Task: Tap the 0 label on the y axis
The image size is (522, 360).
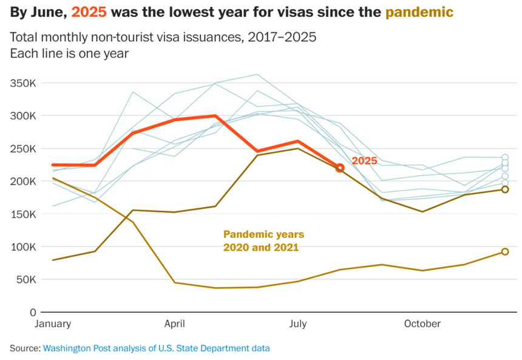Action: [33, 313]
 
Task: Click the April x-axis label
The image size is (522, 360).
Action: [174, 324]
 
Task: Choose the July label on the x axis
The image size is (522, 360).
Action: [297, 324]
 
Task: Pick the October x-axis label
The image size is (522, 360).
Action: [422, 324]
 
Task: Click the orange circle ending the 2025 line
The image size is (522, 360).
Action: [340, 168]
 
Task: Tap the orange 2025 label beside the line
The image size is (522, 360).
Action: [365, 160]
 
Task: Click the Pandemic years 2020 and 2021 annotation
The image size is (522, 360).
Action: [263, 241]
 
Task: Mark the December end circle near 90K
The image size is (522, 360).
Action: [504, 252]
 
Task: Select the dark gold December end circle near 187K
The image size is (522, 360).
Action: [504, 189]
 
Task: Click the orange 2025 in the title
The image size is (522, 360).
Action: [89, 12]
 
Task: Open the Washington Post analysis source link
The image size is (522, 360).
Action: [156, 348]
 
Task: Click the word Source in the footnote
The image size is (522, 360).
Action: [24, 348]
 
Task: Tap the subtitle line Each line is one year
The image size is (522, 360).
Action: [69, 53]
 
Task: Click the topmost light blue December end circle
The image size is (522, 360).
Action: [504, 157]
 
